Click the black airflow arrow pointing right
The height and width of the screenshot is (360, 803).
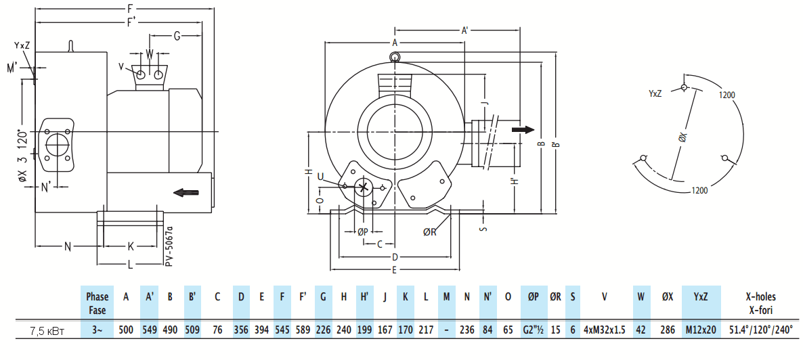pos(523,129)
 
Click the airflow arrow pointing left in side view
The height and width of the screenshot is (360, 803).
pos(186,193)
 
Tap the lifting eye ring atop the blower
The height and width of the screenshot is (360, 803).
pos(394,56)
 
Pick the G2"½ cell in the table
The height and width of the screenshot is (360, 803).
pos(534,330)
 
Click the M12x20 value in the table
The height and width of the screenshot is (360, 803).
pos(701,330)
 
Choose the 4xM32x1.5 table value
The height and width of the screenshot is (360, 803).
pos(605,330)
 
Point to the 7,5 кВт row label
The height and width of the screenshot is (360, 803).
pos(47,330)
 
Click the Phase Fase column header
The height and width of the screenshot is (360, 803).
pos(97,302)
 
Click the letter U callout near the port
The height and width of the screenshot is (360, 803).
pos(320,177)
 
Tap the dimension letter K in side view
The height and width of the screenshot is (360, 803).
pos(131,247)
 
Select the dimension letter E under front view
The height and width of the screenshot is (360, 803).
pos(394,271)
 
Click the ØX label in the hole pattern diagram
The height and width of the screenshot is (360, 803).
pos(682,138)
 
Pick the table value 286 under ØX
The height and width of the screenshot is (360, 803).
pos(668,330)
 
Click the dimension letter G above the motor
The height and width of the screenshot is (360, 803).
pos(177,36)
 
